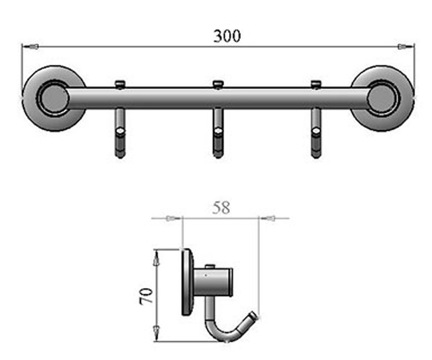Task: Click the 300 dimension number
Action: (x=227, y=36)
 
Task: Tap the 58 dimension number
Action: (x=221, y=208)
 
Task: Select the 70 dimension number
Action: (x=146, y=297)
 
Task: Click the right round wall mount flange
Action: (x=382, y=98)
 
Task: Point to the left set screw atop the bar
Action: (x=120, y=85)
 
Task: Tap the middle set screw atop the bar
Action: (x=218, y=85)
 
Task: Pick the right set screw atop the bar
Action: (x=316, y=85)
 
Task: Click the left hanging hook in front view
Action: (x=120, y=134)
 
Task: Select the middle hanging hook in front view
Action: (x=218, y=134)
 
